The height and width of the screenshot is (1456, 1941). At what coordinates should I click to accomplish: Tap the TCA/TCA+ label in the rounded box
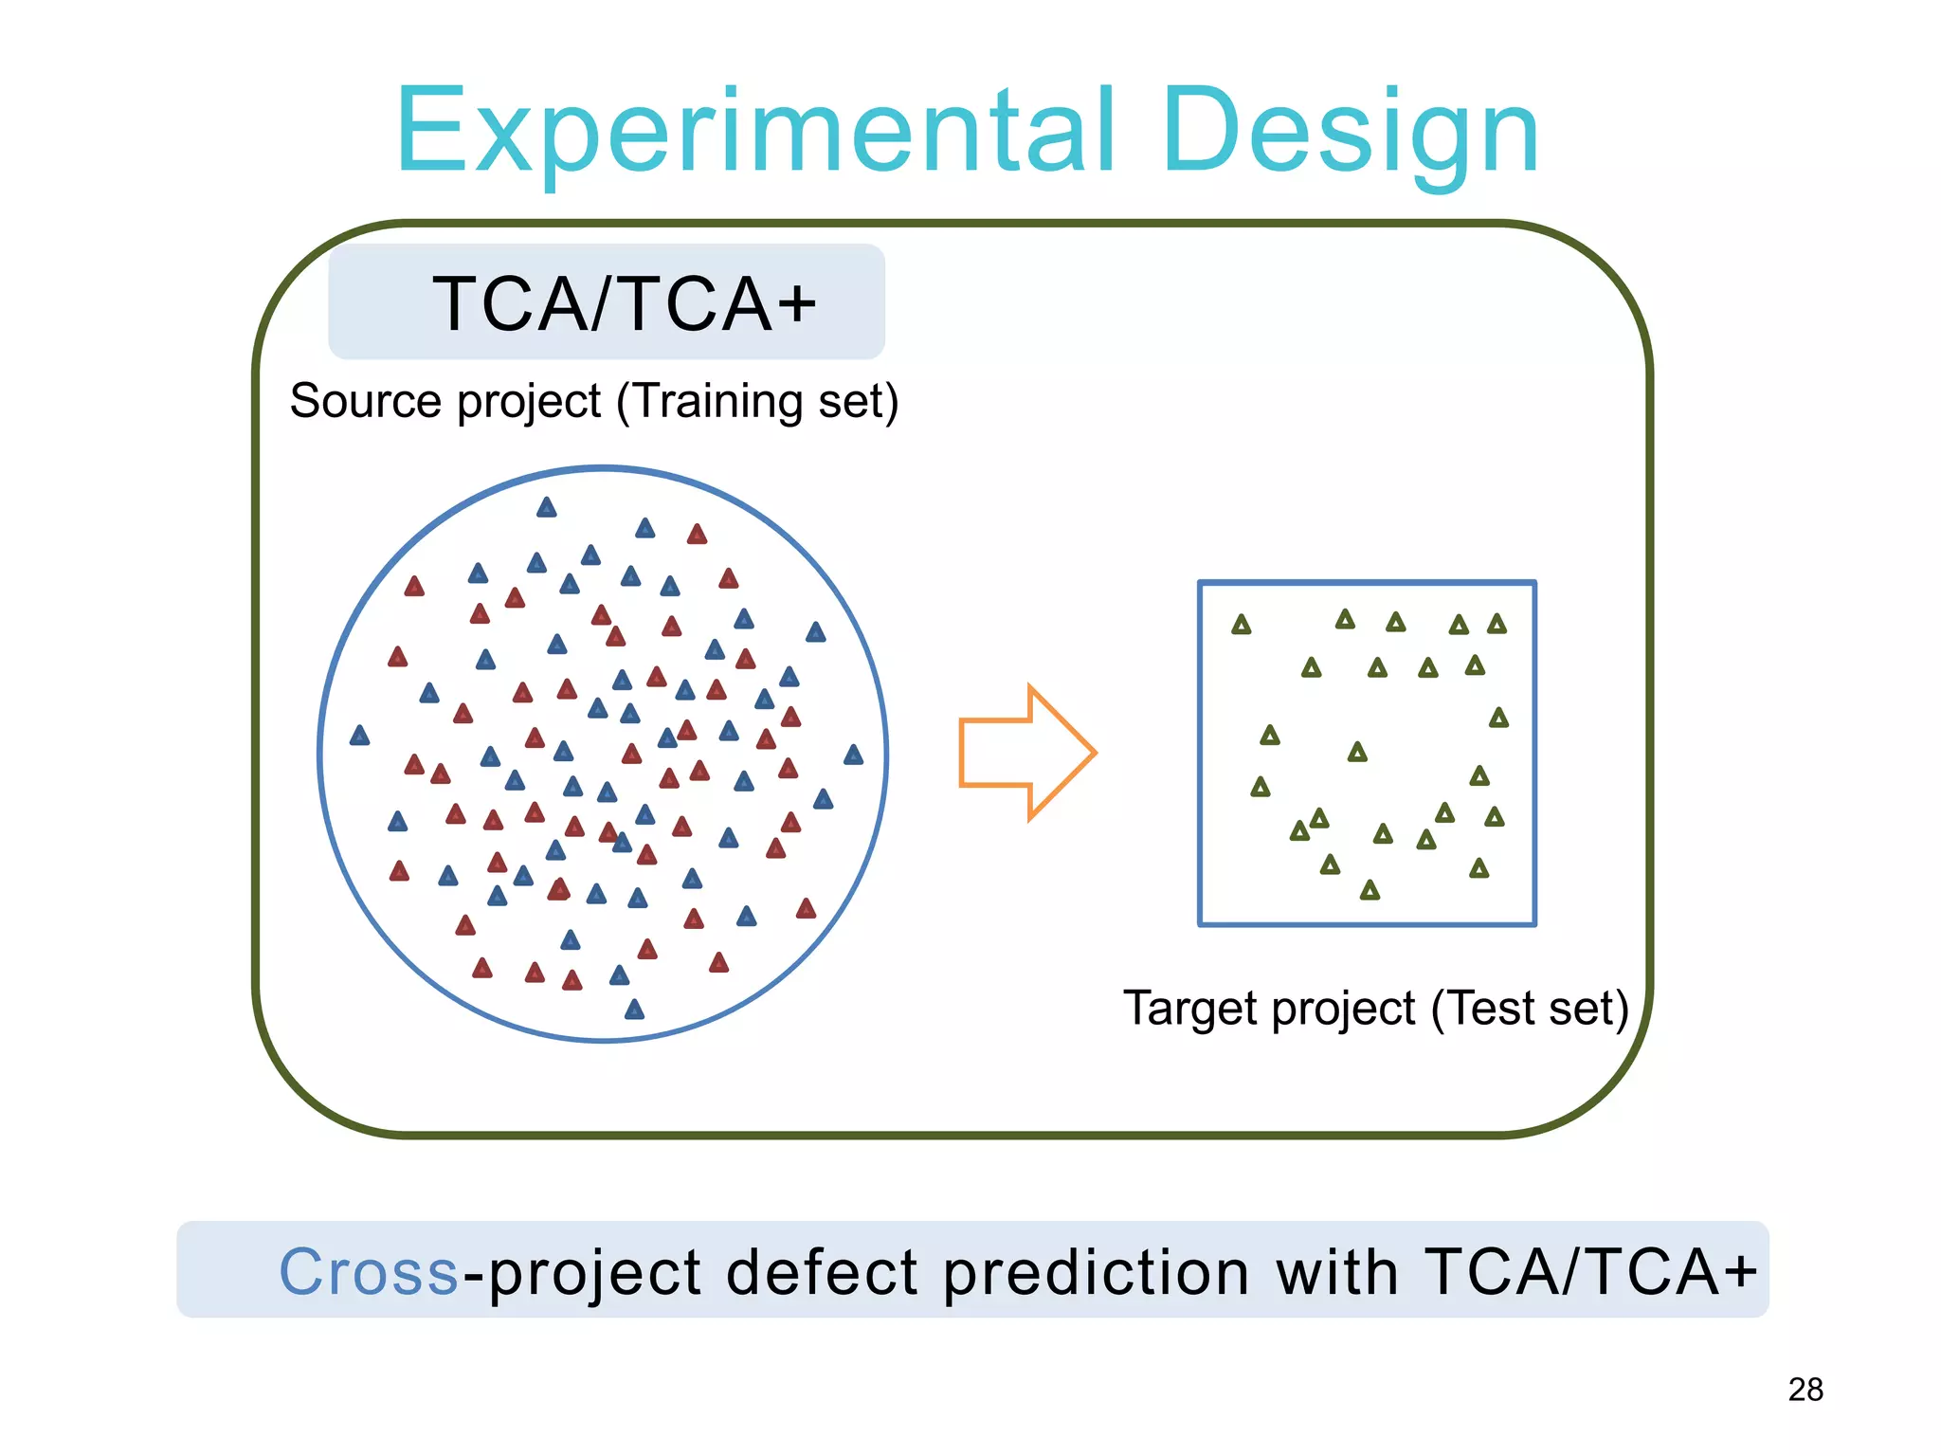tap(623, 304)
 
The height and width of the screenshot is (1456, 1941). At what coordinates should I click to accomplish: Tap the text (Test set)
tap(1529, 1008)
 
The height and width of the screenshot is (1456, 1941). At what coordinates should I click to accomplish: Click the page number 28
tap(1805, 1390)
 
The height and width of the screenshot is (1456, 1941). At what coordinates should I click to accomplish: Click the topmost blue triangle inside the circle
tap(546, 508)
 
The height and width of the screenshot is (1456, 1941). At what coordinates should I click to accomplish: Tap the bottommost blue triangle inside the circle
tap(634, 1010)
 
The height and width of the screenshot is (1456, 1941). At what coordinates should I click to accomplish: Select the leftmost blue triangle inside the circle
tap(359, 736)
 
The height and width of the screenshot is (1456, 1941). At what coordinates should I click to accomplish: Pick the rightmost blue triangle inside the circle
tap(853, 755)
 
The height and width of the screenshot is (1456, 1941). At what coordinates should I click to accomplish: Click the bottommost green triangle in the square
tap(1370, 890)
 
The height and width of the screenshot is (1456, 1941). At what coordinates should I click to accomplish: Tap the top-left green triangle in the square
tap(1241, 625)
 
